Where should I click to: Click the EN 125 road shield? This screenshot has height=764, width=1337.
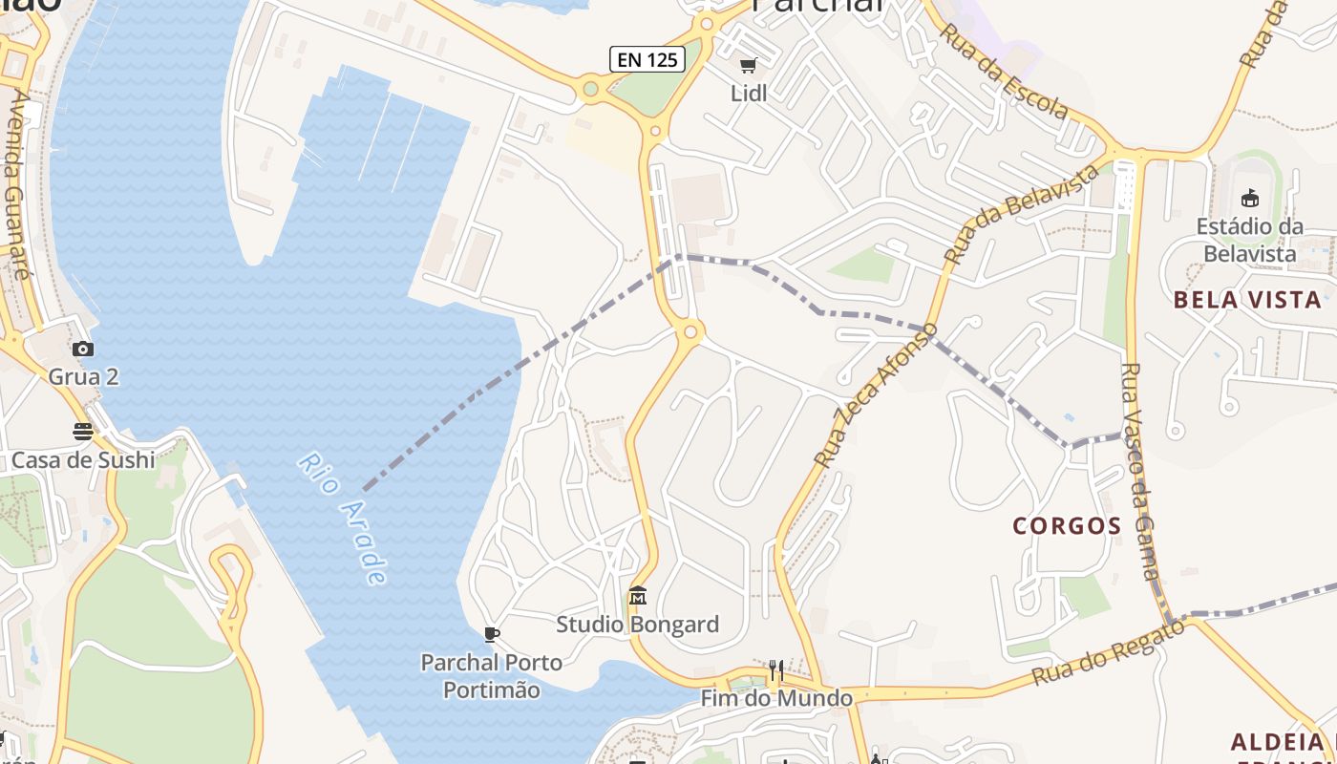pos(647,59)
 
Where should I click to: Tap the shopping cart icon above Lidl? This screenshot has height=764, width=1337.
pos(749,66)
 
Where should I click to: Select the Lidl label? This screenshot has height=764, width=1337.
pos(749,94)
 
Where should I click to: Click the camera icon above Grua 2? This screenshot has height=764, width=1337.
pos(83,350)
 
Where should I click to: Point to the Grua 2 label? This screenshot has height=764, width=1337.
pos(83,376)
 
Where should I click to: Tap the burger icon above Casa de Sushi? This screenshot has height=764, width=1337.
pos(83,432)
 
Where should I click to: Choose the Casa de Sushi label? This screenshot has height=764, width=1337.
pos(83,460)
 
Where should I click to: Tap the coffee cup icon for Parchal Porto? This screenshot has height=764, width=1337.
pos(492,633)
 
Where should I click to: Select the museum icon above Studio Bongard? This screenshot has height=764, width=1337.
pos(638,597)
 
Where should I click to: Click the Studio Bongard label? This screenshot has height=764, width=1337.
pos(638,625)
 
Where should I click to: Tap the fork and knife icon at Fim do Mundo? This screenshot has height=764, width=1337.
pos(776,670)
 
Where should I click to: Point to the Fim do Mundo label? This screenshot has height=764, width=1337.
pos(776,698)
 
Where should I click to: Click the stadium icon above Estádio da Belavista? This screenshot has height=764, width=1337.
pos(1249,199)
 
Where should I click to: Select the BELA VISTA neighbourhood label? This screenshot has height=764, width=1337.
pos(1247,300)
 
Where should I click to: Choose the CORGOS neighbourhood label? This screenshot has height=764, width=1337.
pos(1067,525)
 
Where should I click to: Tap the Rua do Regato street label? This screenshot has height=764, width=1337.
pos(1109,651)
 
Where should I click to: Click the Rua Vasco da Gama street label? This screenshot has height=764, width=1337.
pos(1138,472)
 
